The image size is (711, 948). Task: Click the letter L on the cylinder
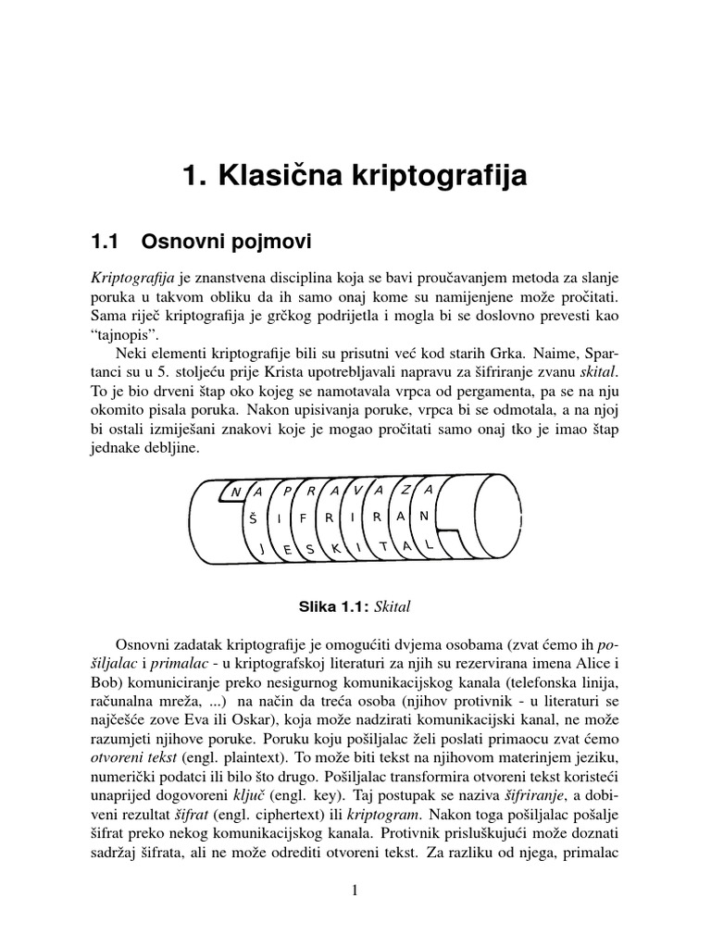click(x=429, y=546)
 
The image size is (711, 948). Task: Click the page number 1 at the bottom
click(x=355, y=891)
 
